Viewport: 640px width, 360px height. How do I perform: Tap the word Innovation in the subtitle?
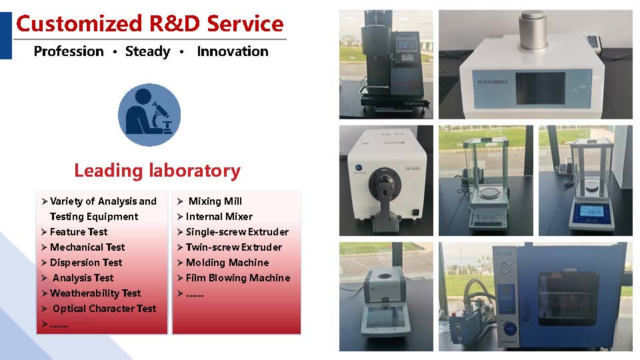(x=233, y=51)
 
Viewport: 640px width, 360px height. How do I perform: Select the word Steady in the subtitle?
(x=148, y=52)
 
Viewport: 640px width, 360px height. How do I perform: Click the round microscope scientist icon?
(x=149, y=115)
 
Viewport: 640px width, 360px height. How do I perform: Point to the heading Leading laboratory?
(x=157, y=171)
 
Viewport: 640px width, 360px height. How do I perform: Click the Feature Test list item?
(x=79, y=232)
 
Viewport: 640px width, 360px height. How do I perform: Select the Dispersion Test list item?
(x=86, y=263)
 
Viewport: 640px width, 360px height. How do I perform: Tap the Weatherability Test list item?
(x=95, y=293)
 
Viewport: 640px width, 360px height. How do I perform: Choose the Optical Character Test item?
(x=105, y=309)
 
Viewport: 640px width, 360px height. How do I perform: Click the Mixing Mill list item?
(x=215, y=201)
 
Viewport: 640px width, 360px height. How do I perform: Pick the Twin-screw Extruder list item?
(x=234, y=247)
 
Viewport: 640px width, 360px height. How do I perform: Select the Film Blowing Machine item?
(x=238, y=278)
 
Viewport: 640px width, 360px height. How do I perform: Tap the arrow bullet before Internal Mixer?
(x=180, y=217)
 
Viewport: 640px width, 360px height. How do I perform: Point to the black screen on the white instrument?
(x=540, y=88)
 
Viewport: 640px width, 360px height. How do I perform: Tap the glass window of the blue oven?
(x=568, y=299)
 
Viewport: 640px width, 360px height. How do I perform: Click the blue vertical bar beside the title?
(x=6, y=35)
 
